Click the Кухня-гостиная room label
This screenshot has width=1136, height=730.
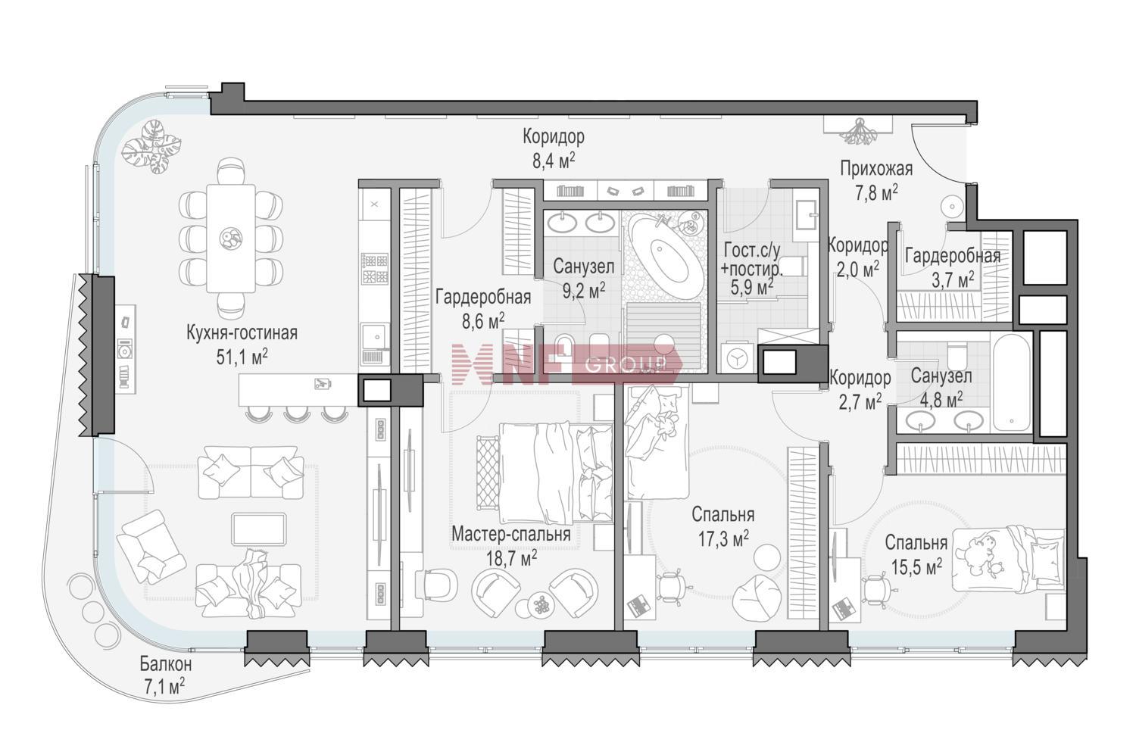point(242,333)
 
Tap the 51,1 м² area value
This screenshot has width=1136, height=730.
point(242,357)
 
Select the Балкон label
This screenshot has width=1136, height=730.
point(166,663)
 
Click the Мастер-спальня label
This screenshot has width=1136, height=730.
point(510,535)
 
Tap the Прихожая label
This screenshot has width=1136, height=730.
point(876,169)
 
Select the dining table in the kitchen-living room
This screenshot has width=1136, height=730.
point(231,238)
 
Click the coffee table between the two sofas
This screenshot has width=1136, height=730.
point(259,529)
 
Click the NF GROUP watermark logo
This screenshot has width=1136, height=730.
point(566,363)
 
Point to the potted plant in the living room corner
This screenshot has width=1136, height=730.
point(154,146)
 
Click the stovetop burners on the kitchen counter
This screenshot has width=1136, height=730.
point(375,269)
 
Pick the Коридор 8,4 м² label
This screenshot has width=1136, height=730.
point(554,148)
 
